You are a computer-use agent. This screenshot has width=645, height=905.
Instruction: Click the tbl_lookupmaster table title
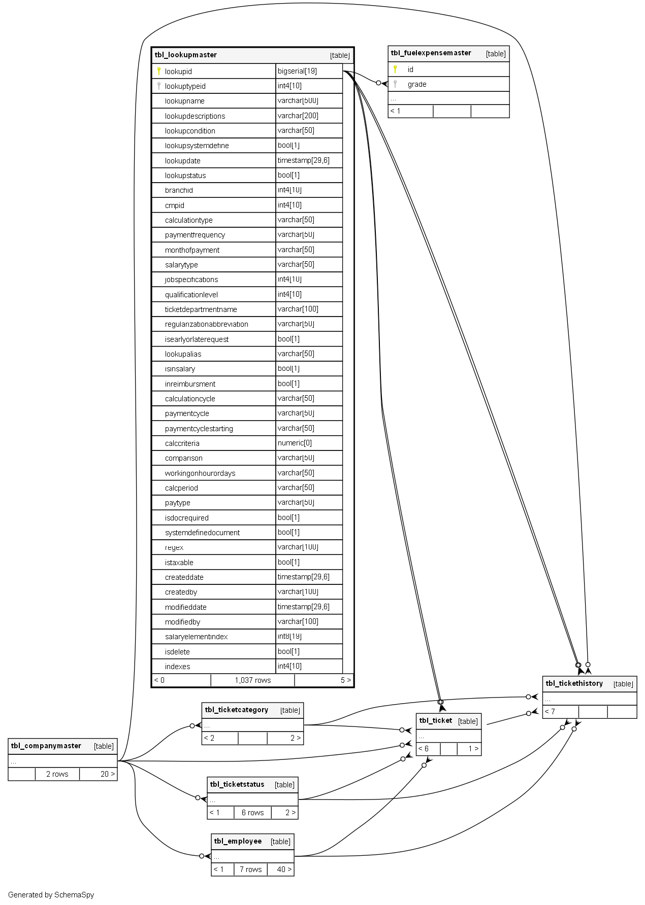(186, 55)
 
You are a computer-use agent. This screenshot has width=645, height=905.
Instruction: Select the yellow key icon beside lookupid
(159, 71)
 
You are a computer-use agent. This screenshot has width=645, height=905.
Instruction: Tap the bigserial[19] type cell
(297, 71)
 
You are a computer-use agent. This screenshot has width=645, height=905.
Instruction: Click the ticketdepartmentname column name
(201, 309)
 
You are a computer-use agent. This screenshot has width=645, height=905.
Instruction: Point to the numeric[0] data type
(295, 443)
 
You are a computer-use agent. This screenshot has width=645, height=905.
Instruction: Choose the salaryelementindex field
(196, 637)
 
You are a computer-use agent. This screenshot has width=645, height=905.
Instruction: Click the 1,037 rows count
(252, 680)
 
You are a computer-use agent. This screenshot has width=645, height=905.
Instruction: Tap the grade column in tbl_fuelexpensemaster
(417, 84)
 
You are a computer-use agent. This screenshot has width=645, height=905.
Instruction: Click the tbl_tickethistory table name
(574, 683)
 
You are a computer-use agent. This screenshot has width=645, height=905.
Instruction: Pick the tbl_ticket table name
(435, 720)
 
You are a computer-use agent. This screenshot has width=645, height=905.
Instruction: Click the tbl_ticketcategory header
(237, 710)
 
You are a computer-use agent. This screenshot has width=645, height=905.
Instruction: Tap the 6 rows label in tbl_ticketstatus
(252, 813)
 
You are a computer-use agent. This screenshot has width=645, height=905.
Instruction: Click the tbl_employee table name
(238, 841)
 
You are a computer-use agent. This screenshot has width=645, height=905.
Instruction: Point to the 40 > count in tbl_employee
(284, 869)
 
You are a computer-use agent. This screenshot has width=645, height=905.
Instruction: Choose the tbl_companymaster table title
(46, 746)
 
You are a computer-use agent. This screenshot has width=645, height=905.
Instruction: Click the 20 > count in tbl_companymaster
(107, 774)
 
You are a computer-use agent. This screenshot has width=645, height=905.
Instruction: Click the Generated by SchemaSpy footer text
(51, 895)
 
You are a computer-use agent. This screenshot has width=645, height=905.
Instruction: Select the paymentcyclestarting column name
(199, 429)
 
